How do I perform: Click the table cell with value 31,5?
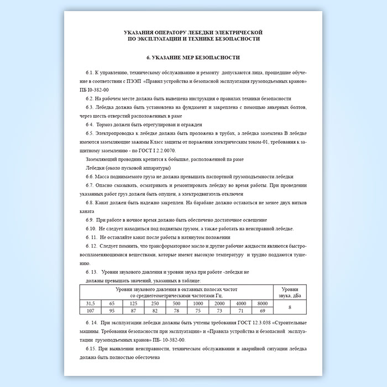(90, 304)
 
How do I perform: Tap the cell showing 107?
(90, 311)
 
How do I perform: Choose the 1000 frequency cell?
(197, 304)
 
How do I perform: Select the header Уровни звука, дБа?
(290, 292)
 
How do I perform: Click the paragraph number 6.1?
(91, 73)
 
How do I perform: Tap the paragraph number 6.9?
(91, 220)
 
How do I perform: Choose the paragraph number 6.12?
(92, 245)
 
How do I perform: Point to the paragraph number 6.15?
(92, 349)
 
